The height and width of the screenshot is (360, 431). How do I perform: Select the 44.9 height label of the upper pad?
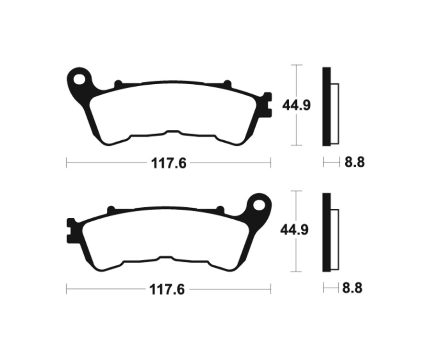pyautogui.click(x=296, y=105)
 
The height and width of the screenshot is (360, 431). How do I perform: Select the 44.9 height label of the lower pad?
pyautogui.click(x=295, y=230)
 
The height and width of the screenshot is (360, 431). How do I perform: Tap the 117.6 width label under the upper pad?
pyautogui.click(x=169, y=163)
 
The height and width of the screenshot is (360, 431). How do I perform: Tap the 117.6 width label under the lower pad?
pyautogui.click(x=167, y=290)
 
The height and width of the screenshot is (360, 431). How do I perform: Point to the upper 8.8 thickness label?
pyautogui.click(x=354, y=163)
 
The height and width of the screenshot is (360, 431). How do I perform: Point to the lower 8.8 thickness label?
pyautogui.click(x=352, y=288)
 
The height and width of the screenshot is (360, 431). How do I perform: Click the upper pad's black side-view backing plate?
pyautogui.click(x=326, y=106)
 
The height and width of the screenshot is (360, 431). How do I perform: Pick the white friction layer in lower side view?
pyautogui.click(x=335, y=239)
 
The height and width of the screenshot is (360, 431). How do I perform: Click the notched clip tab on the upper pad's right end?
pyautogui.click(x=267, y=104)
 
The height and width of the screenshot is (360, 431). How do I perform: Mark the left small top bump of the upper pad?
pyautogui.click(x=117, y=84)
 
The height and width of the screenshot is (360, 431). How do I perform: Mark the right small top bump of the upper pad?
pyautogui.click(x=227, y=84)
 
